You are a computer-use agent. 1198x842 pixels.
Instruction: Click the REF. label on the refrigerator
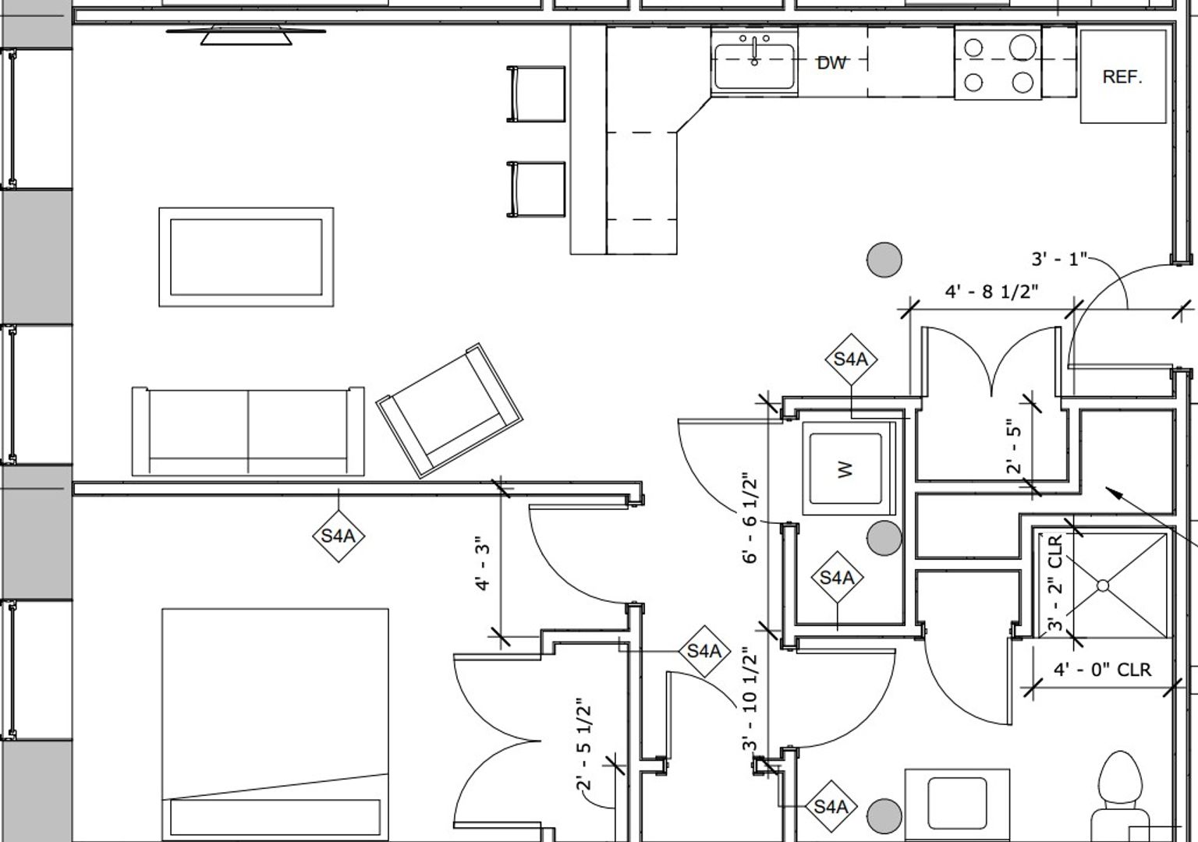point(1122,76)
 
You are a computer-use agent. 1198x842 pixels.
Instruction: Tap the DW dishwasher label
point(831,63)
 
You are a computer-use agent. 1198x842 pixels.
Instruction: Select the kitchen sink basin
point(754,65)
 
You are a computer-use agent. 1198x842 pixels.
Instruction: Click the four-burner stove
point(998,65)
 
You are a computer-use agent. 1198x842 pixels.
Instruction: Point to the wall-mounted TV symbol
point(246,34)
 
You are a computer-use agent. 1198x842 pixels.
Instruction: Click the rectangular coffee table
point(246,257)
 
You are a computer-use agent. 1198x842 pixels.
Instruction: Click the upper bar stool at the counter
point(537,94)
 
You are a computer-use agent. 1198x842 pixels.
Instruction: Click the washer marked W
point(846,469)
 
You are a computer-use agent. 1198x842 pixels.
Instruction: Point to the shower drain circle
point(1103,586)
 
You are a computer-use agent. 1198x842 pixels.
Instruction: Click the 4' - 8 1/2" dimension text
point(992,292)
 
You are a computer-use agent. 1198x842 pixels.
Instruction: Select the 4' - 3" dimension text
point(483,563)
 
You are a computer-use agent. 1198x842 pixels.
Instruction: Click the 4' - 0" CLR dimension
point(1102,670)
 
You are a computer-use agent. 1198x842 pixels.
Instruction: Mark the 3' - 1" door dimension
point(1058,259)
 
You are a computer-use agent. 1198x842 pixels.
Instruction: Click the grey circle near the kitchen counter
point(884,259)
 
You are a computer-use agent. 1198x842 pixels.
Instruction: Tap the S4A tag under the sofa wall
point(338,536)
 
